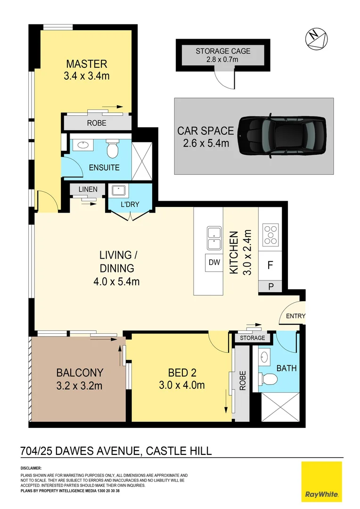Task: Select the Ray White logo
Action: point(321,481)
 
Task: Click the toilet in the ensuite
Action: point(113,148)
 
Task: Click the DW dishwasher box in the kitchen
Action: point(214,263)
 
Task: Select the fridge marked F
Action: point(270,265)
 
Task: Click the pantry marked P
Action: point(270,286)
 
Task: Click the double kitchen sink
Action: point(215,238)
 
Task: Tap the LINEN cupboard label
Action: point(88,189)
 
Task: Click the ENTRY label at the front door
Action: point(295,316)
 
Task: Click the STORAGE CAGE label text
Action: point(223,51)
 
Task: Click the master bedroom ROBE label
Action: point(97,123)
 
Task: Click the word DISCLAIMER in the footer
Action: point(32,468)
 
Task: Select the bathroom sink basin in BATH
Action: point(265,356)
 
